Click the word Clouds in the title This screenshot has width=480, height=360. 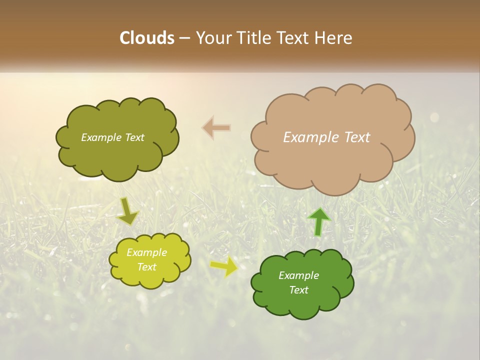[147, 38]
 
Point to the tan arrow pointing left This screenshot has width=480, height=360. [216, 128]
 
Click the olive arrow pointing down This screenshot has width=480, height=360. [128, 212]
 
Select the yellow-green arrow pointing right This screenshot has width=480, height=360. [224, 266]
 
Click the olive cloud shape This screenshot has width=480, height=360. [117, 139]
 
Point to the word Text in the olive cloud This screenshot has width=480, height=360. [134, 137]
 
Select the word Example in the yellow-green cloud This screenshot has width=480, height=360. [146, 252]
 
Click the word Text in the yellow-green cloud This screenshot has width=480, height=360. [146, 267]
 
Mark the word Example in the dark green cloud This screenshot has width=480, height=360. [298, 275]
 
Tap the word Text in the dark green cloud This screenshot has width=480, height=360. [298, 290]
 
